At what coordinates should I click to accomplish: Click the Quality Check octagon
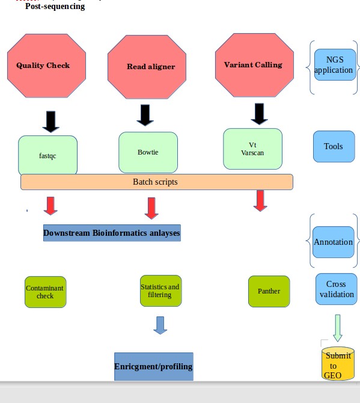point(46,66)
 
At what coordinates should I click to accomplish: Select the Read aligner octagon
point(147,67)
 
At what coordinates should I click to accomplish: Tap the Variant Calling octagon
point(254,66)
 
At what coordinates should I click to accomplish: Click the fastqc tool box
point(47,156)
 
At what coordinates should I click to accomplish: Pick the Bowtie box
point(148,152)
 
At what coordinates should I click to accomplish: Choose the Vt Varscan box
point(252,149)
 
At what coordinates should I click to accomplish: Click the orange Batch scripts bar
point(157,182)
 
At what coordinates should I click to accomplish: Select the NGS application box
point(335,65)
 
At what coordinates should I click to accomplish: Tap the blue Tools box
point(334,147)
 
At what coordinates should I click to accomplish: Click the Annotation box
point(334,242)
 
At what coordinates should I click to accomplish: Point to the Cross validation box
point(337,289)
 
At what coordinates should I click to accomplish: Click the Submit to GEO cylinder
point(338,363)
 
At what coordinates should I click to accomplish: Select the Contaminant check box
point(46,292)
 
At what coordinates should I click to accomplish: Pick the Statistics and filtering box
point(160,291)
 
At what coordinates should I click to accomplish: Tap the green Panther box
point(269,292)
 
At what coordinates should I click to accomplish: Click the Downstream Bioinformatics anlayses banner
point(112,233)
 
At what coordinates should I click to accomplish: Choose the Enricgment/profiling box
point(154,366)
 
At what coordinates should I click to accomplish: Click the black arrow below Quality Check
point(51,122)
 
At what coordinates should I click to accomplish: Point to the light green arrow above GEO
point(338,328)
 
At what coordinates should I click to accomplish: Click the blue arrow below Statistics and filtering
point(160,325)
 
